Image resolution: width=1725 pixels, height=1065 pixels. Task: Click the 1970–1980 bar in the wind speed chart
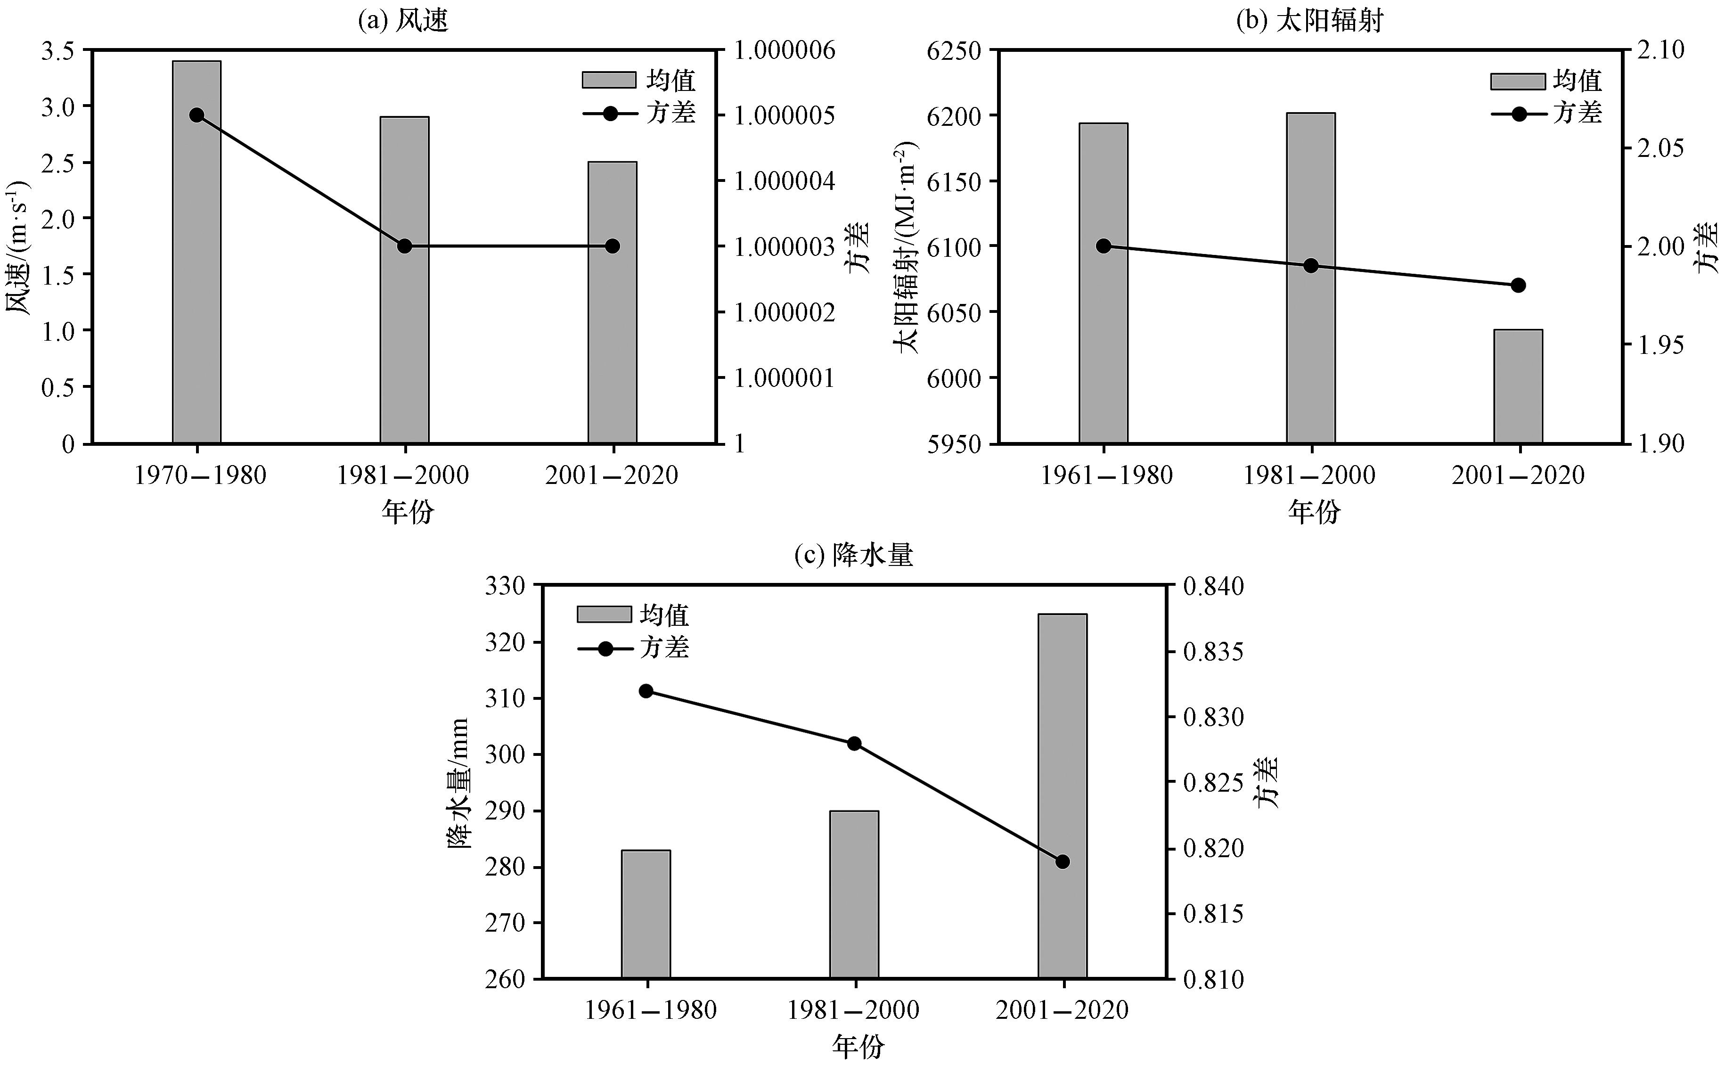(x=196, y=252)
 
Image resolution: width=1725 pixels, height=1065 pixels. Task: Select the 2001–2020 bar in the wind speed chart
(x=613, y=303)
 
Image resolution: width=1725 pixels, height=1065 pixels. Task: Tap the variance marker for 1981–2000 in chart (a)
(x=405, y=246)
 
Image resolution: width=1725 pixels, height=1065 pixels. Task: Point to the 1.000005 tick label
(x=785, y=115)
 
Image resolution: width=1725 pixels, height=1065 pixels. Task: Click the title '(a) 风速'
(x=403, y=20)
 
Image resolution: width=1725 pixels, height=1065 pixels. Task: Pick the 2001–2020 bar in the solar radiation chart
(x=1519, y=387)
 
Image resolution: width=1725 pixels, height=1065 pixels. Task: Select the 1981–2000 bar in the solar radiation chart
(x=1311, y=278)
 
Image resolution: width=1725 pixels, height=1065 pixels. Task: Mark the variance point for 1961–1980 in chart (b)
(x=1104, y=246)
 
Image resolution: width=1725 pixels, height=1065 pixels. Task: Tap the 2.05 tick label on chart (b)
(x=1660, y=148)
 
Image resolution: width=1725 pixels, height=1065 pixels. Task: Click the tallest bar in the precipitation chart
(x=1063, y=796)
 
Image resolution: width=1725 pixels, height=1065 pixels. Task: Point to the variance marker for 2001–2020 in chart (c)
(x=1063, y=861)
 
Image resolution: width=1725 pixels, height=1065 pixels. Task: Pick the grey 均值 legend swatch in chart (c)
(x=604, y=614)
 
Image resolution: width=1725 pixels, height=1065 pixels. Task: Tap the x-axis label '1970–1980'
(x=201, y=475)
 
